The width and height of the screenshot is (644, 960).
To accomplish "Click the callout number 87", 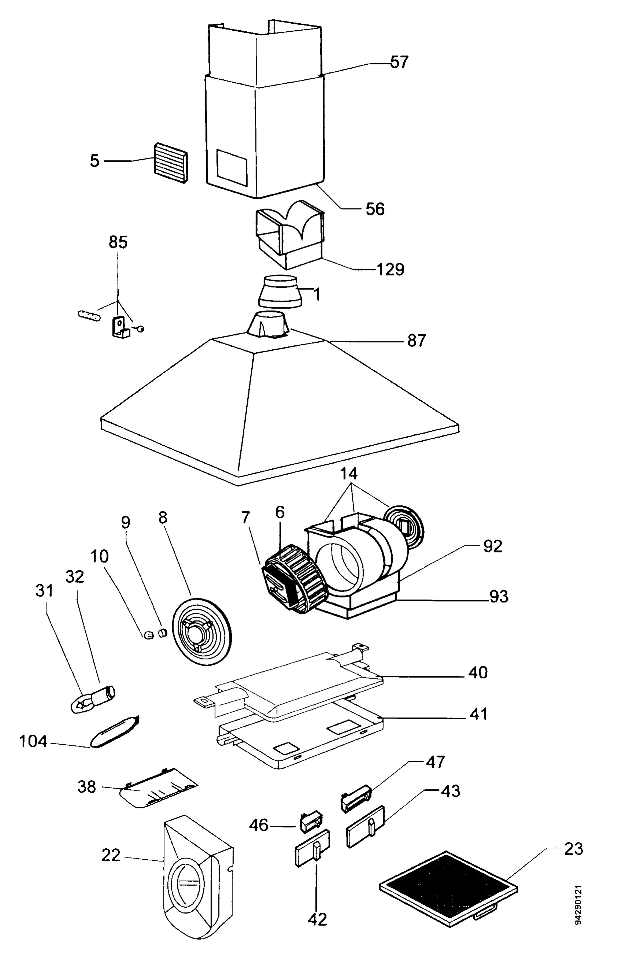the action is point(416,340).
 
